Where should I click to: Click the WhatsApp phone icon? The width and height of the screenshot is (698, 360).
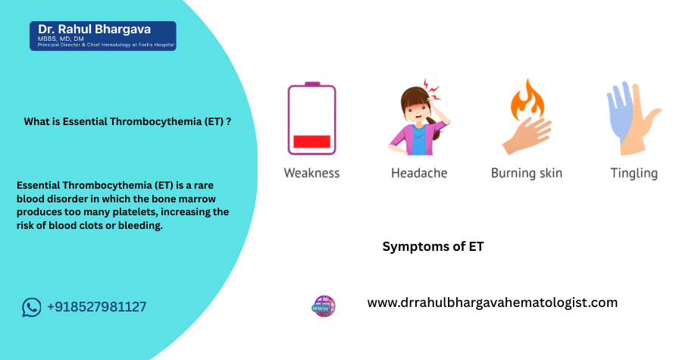[32, 307]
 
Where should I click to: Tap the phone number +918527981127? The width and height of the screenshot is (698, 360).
[96, 307]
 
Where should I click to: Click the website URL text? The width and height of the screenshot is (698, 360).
[493, 302]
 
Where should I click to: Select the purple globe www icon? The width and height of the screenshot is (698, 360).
[324, 306]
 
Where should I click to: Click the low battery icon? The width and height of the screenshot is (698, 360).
[311, 118]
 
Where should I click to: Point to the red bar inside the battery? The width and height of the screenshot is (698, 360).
[311, 142]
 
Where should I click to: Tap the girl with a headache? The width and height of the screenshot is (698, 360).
[418, 121]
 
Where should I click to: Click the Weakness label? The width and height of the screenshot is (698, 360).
[311, 173]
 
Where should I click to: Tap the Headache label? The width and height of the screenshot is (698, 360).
[419, 173]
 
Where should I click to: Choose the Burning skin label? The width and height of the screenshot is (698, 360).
[527, 173]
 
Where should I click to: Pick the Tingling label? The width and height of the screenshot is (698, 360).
[634, 174]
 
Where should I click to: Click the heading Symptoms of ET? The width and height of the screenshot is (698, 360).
[434, 246]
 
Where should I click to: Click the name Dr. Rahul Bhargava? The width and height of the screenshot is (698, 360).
[95, 30]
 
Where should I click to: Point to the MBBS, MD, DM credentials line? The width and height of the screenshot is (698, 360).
[61, 39]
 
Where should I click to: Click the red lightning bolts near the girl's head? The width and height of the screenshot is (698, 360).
[431, 89]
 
